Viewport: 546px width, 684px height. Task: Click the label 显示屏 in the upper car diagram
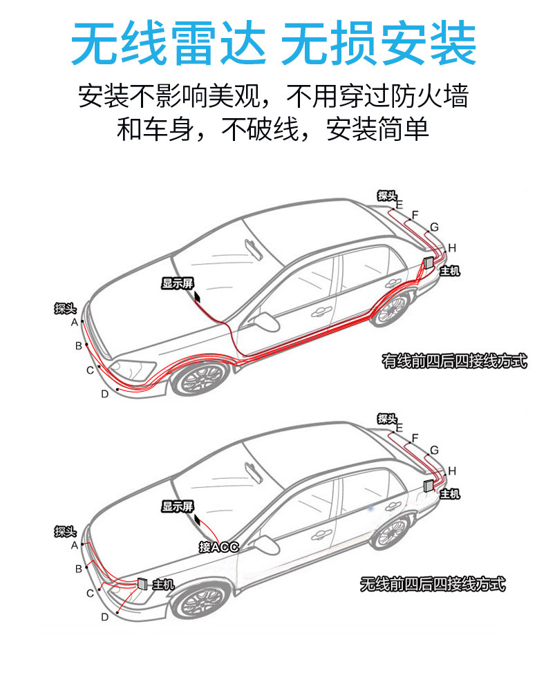pos(178,283)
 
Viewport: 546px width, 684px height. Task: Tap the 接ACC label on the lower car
pos(218,547)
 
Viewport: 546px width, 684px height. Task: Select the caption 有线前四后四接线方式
pos(454,361)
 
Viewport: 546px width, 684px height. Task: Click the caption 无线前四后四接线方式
pos(433,584)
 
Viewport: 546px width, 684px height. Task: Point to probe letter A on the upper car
pos(75,323)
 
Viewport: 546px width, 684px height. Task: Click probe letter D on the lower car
pos(105,617)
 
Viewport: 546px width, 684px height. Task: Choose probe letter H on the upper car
pos(452,248)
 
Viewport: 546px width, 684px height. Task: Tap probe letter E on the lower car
pos(399,428)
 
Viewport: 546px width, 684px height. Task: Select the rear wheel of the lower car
pos(391,531)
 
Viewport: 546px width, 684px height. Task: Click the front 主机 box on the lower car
pos(142,583)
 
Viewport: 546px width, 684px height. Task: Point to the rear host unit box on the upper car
pos(428,263)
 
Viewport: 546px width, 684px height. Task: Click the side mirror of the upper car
pos(266,321)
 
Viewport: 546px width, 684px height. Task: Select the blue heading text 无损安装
pos(378,44)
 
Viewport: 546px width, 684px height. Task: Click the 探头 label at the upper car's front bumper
pos(66,308)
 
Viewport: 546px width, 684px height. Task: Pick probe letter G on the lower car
pos(434,450)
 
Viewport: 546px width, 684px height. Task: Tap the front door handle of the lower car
pos(321,534)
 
